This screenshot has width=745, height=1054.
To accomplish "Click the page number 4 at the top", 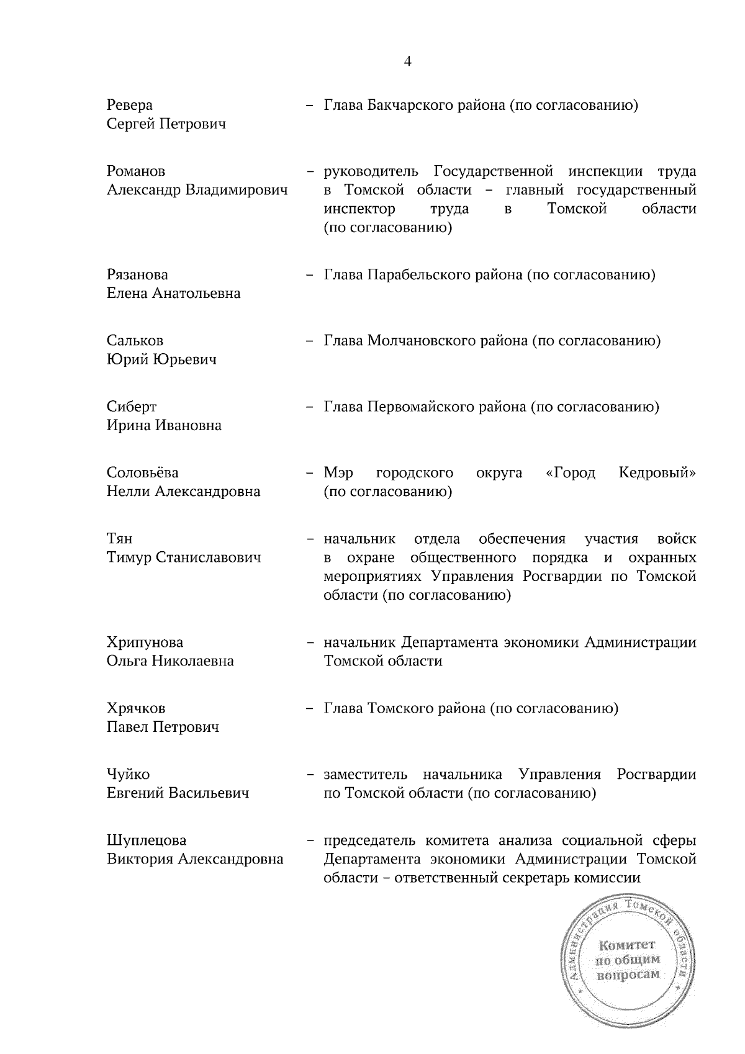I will click(408, 61).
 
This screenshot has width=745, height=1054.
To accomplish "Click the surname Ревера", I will click(129, 105).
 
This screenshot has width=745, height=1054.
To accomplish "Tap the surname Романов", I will click(136, 171).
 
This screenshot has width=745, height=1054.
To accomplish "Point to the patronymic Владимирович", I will click(237, 190).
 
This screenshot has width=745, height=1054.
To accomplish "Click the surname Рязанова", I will click(137, 274).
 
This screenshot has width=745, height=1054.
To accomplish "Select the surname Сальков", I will click(135, 340).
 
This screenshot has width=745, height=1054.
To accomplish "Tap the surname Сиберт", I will click(131, 407).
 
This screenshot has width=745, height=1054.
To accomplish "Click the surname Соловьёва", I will click(143, 472).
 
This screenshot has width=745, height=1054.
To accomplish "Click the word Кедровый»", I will click(657, 472).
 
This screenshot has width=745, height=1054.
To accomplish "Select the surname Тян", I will click(119, 538).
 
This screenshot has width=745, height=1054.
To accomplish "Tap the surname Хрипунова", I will click(145, 642).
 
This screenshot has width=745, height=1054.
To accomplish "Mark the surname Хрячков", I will click(136, 708).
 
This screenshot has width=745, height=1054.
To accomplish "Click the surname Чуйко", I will click(128, 774).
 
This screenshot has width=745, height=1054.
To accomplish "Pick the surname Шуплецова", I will click(147, 840).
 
